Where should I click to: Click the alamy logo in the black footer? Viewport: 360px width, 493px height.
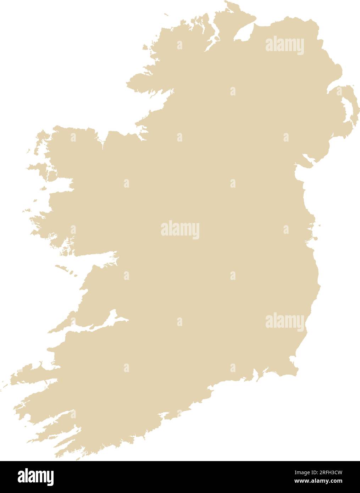(x=35, y=477)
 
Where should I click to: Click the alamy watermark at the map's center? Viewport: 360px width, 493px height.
(x=180, y=230)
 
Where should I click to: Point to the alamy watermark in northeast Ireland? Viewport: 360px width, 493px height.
(x=284, y=46)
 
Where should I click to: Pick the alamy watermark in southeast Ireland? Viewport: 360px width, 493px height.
(x=284, y=321)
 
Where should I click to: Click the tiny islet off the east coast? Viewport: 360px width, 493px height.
(x=320, y=225)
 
